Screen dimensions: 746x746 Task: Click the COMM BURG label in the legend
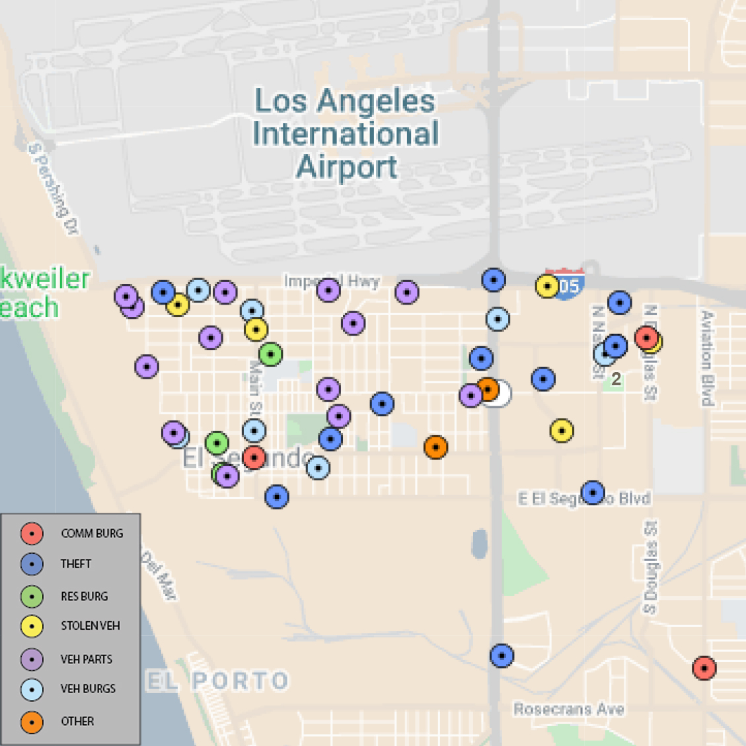92,533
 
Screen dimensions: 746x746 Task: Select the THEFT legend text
76,564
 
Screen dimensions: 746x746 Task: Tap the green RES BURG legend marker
32,596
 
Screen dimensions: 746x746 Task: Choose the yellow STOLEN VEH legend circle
32,626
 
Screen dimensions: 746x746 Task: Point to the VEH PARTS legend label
87,659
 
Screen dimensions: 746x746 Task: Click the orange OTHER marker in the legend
32,722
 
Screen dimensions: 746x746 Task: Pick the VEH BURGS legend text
88,689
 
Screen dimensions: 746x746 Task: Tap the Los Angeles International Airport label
346,133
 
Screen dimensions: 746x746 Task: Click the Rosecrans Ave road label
569,710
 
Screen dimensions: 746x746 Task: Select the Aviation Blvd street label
708,357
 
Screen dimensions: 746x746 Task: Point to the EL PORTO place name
217,681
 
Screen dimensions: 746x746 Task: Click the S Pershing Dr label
54,189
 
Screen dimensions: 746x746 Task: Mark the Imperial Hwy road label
332,281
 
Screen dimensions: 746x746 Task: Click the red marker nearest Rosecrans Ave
704,668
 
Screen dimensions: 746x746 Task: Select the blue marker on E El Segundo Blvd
593,492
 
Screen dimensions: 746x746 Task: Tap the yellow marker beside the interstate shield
547,286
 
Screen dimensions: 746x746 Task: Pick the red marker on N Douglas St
646,338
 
